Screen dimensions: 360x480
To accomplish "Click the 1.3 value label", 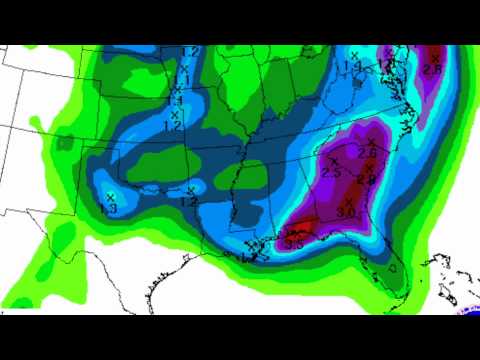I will tap(109, 208).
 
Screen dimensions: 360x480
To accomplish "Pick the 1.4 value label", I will tap(354, 67).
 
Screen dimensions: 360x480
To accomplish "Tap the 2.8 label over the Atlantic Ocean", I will tap(433, 68).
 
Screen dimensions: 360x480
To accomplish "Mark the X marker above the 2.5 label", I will tap(333, 160).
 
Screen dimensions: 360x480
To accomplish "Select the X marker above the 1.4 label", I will tap(355, 55).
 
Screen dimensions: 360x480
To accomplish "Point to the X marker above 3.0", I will tap(349, 201).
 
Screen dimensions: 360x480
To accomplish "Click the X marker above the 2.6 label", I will tap(367, 140).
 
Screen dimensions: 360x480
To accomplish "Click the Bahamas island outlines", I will tap(440, 272).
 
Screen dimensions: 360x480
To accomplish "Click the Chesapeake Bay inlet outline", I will tap(406, 95).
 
